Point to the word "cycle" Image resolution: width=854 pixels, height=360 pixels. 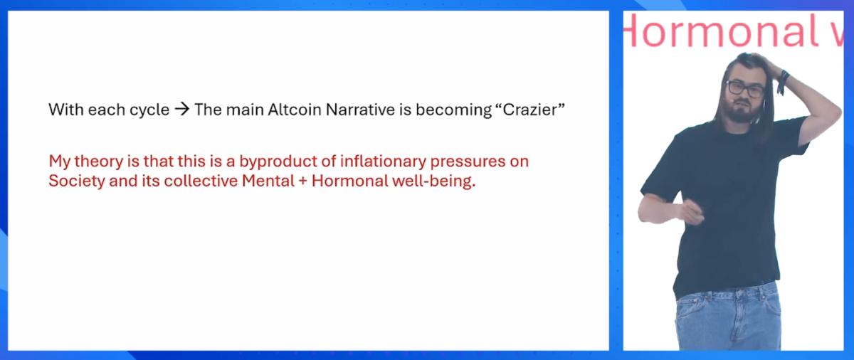tap(151, 111)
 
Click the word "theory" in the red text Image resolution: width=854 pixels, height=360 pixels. tap(95, 162)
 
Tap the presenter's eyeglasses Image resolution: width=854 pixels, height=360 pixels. tap(745, 89)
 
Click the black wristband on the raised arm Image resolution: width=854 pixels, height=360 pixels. tap(784, 80)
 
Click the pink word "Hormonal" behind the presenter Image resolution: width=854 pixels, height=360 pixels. tap(719, 31)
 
